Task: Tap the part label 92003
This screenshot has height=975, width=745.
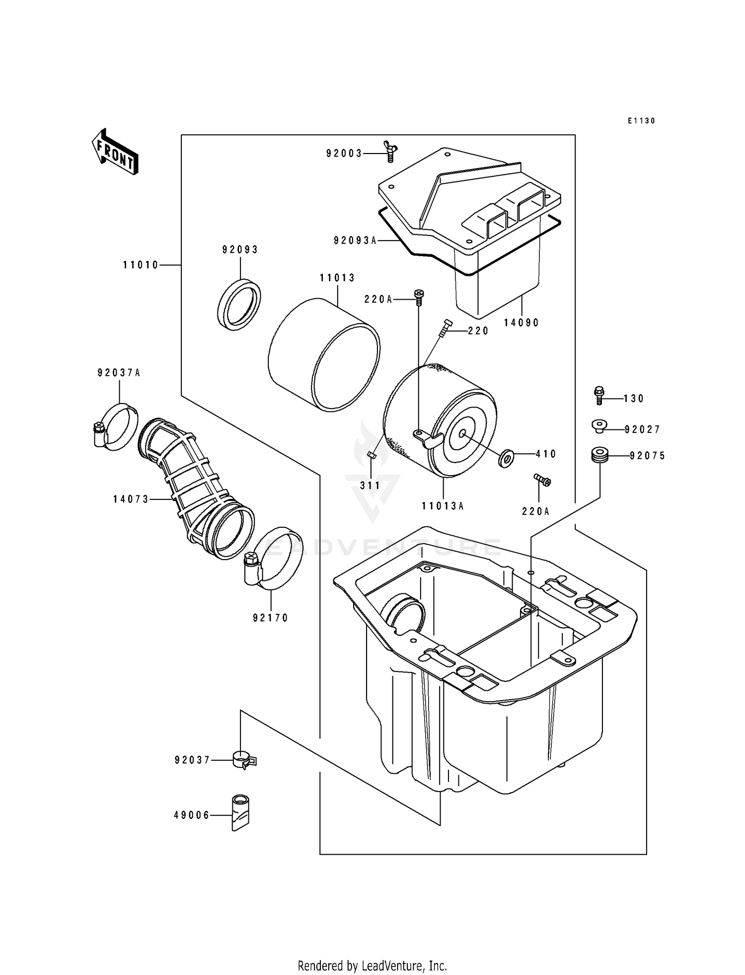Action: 344,154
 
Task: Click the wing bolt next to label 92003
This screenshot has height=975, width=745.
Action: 389,151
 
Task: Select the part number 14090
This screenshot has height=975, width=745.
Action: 521,323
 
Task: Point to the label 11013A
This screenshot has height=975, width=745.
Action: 443,506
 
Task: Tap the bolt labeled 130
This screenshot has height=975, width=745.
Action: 599,396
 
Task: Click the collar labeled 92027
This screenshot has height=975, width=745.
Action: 600,426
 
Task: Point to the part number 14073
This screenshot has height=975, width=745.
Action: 131,499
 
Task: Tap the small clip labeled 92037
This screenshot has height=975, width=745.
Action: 243,760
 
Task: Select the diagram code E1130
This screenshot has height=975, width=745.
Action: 641,121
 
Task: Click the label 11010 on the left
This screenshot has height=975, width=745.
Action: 141,265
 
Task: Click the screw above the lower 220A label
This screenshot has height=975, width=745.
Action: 542,480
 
